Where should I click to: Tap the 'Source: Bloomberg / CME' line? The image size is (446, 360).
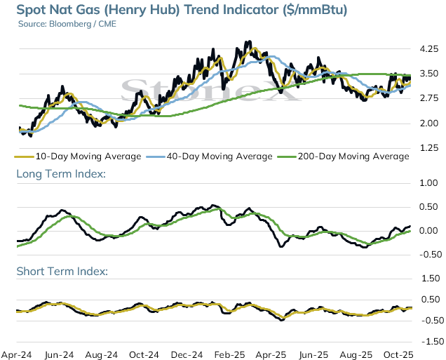(67, 24)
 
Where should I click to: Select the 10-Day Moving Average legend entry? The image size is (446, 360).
(78, 156)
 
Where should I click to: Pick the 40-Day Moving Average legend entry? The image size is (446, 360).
(210, 156)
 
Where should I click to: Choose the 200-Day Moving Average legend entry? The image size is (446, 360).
(344, 156)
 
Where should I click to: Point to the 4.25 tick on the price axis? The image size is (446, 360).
(429, 49)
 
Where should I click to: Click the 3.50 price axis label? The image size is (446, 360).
(429, 74)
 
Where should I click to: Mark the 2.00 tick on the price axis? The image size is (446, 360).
(429, 124)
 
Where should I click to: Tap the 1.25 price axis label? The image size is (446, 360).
(429, 148)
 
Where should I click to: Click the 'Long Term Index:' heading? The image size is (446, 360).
(61, 174)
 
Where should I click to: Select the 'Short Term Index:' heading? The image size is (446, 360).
(62, 271)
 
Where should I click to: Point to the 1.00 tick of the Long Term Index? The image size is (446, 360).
(428, 183)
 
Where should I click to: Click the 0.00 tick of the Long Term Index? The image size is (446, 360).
(428, 231)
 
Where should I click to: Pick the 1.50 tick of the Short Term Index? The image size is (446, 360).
(431, 279)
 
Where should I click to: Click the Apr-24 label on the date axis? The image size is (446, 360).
(17, 355)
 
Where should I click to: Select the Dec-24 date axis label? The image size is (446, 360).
(187, 355)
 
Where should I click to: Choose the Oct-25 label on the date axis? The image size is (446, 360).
(398, 355)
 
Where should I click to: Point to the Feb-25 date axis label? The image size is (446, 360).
(229, 355)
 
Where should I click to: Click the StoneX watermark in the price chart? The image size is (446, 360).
(211, 90)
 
